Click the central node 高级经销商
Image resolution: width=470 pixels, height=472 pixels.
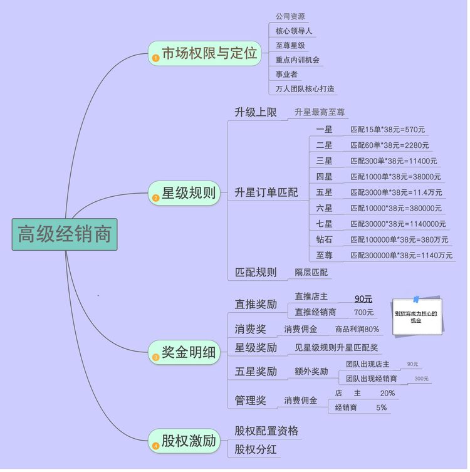coord(65,234)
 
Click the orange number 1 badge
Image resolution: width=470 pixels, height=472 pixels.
coord(155,58)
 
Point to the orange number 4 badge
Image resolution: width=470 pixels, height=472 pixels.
coord(155,446)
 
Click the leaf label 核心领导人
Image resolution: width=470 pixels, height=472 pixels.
coord(294,31)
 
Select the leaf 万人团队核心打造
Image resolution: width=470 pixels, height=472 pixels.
coord(305,89)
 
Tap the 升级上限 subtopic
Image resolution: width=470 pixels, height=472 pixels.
coord(255,112)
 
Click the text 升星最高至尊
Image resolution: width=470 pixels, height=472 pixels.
coord(320,113)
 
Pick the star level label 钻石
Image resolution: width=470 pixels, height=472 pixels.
coord(325,239)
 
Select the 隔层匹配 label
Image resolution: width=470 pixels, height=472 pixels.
coord(311,272)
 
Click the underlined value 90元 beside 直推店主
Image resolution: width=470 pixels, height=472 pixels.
coord(363,298)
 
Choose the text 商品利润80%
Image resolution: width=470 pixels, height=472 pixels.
coord(357,329)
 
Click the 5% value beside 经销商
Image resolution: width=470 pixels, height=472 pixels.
coord(381,407)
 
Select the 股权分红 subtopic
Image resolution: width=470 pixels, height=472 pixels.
coord(256,449)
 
